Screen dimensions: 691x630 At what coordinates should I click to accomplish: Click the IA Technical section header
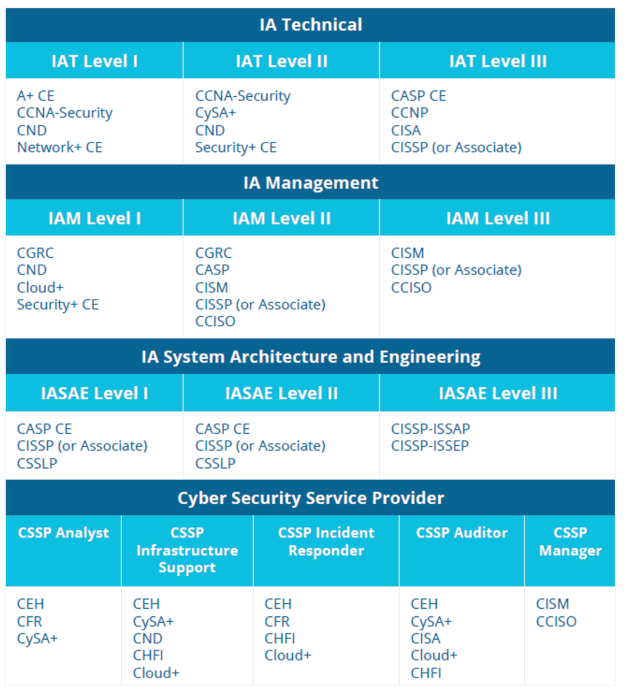click(310, 25)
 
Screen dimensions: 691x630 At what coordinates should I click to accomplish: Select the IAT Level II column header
click(281, 61)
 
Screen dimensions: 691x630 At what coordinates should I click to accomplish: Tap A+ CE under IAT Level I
click(36, 96)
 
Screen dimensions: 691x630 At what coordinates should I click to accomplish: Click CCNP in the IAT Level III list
click(409, 113)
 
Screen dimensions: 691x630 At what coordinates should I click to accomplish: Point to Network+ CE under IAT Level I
click(60, 148)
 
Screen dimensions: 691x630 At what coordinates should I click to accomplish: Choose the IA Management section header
click(310, 183)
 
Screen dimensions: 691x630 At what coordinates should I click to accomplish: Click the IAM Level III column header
click(497, 219)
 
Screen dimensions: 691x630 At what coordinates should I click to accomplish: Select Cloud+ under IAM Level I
click(40, 287)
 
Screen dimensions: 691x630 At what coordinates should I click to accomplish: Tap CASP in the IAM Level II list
click(212, 270)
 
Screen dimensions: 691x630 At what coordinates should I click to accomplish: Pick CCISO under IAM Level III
click(411, 287)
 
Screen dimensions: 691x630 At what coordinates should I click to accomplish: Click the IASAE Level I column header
click(94, 393)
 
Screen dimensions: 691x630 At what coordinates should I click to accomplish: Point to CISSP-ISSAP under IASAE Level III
click(430, 429)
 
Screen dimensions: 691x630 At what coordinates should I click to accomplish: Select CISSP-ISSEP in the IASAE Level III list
click(430, 446)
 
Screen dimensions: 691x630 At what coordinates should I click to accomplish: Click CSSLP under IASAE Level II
click(215, 463)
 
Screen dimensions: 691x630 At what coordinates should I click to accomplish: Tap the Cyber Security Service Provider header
click(310, 498)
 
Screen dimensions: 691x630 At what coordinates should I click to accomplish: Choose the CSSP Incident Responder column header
click(326, 542)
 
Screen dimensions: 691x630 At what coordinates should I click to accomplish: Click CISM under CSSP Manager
click(552, 604)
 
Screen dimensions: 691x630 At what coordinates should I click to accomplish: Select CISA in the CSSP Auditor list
click(425, 638)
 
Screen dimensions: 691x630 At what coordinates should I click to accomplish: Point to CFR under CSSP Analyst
click(29, 621)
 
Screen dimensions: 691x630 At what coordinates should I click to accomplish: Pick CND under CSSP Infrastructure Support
click(147, 638)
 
